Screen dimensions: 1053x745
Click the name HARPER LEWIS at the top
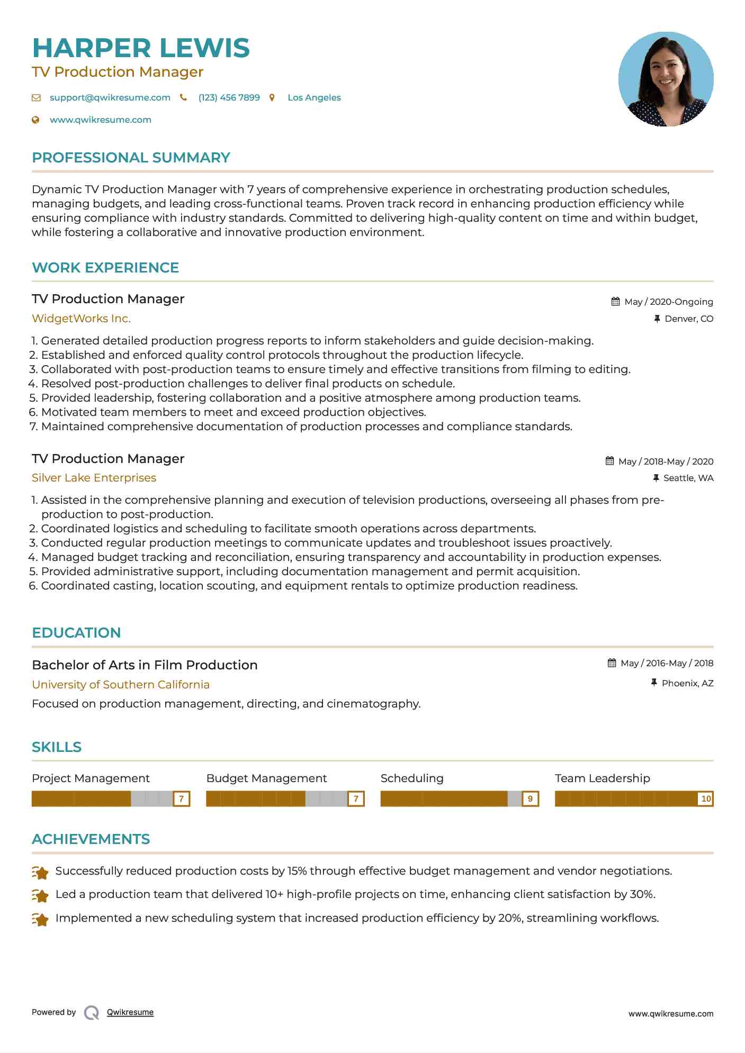141,48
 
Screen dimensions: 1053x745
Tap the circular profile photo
666,79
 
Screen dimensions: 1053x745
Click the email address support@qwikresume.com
110,98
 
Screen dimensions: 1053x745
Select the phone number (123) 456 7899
229,98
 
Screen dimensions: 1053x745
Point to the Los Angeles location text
314,98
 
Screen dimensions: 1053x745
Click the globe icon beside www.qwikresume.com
36,120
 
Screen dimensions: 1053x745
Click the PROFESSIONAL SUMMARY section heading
131,158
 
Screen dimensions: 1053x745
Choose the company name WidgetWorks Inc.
81,319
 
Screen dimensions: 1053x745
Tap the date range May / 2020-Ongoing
668,302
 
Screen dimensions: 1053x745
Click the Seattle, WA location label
688,478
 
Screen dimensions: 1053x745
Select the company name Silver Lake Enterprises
94,478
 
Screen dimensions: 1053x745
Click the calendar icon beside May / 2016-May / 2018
612,663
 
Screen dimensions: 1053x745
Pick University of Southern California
121,685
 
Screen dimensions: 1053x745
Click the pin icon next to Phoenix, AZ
654,683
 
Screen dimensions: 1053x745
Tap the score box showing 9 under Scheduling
530,799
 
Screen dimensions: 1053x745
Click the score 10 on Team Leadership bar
705,799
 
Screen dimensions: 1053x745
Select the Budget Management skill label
266,778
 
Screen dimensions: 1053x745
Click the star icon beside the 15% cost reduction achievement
40,872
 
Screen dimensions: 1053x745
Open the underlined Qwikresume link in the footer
130,1012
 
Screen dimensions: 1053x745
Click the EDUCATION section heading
76,633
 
